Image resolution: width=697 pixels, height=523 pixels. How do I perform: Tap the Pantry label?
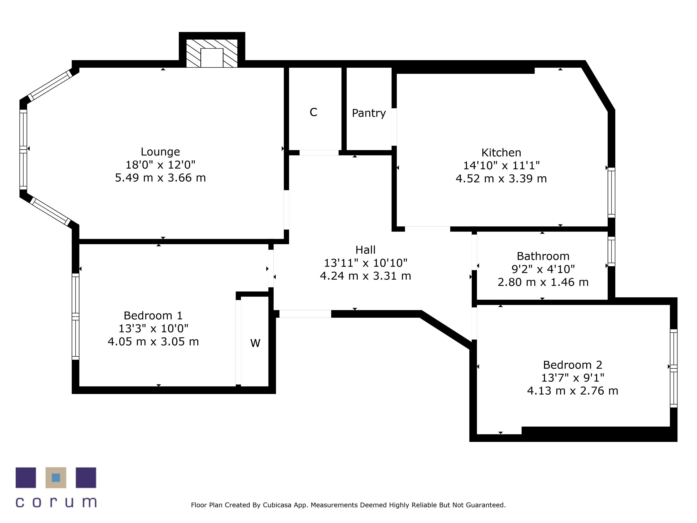click(369, 113)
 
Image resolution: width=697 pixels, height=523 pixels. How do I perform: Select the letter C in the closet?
click(313, 112)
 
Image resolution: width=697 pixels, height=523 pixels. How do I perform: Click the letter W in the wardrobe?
click(255, 343)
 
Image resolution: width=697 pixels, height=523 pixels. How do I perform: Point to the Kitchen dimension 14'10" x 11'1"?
click(501, 165)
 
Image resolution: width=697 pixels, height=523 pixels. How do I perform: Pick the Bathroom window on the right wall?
click(611, 251)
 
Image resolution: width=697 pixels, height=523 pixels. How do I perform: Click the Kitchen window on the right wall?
click(611, 193)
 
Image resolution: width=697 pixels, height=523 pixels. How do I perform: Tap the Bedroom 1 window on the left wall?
click(76, 317)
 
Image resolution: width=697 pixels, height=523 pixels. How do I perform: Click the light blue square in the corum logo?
click(56, 478)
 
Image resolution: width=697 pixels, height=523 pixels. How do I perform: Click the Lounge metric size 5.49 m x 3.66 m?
click(160, 178)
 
